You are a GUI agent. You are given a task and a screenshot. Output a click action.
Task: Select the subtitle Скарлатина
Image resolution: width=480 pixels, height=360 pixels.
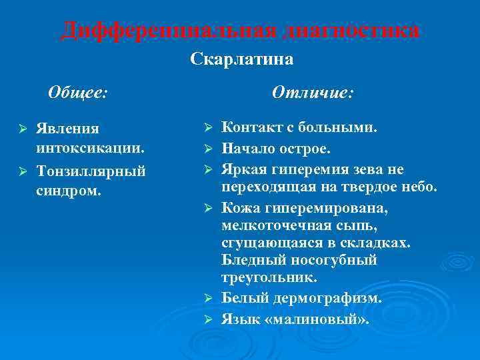(241, 60)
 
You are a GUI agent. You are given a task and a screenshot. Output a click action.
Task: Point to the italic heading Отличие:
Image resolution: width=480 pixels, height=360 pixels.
(313, 93)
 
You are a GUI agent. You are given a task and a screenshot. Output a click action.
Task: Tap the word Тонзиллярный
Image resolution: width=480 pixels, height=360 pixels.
(92, 172)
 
